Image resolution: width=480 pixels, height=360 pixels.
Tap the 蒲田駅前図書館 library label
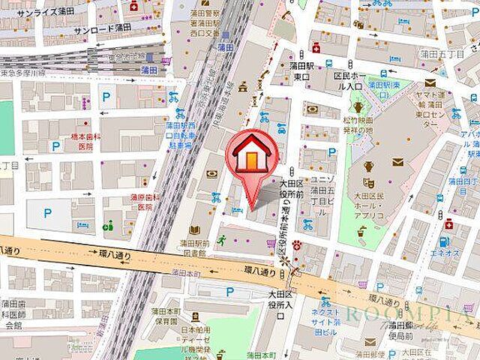coord(194,247)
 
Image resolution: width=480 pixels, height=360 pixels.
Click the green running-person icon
coord(222,240)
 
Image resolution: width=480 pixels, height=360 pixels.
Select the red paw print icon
coord(297,244)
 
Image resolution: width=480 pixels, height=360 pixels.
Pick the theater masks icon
coord(368,182)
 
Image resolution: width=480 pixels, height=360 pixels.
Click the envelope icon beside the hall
coord(397,162)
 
